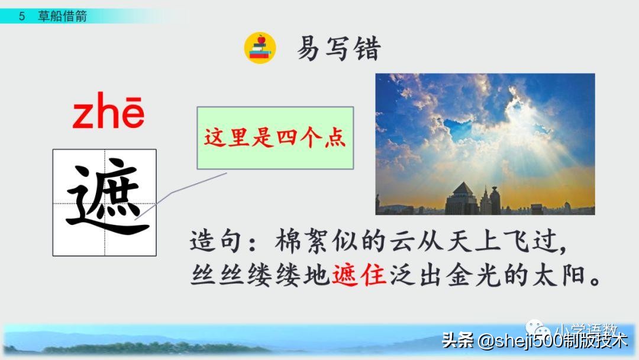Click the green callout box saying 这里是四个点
pos(275,138)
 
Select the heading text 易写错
pos(338,50)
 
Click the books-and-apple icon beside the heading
pos(260,48)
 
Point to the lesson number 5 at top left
pos(22,17)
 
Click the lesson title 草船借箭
pos(63,17)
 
